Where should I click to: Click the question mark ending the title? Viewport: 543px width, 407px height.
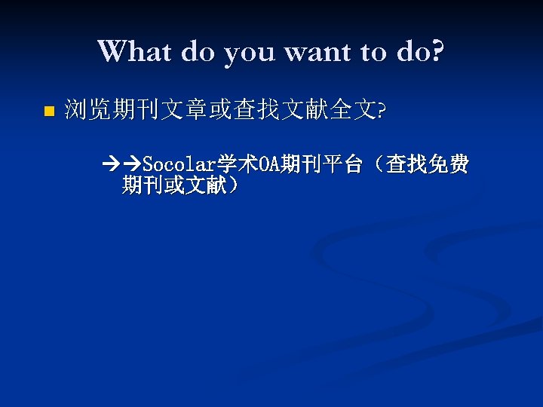tap(437, 52)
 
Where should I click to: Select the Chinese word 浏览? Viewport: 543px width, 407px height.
tap(87, 111)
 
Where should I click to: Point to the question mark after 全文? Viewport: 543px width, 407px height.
tap(381, 112)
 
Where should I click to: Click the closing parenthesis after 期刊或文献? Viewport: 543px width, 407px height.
tap(233, 185)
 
